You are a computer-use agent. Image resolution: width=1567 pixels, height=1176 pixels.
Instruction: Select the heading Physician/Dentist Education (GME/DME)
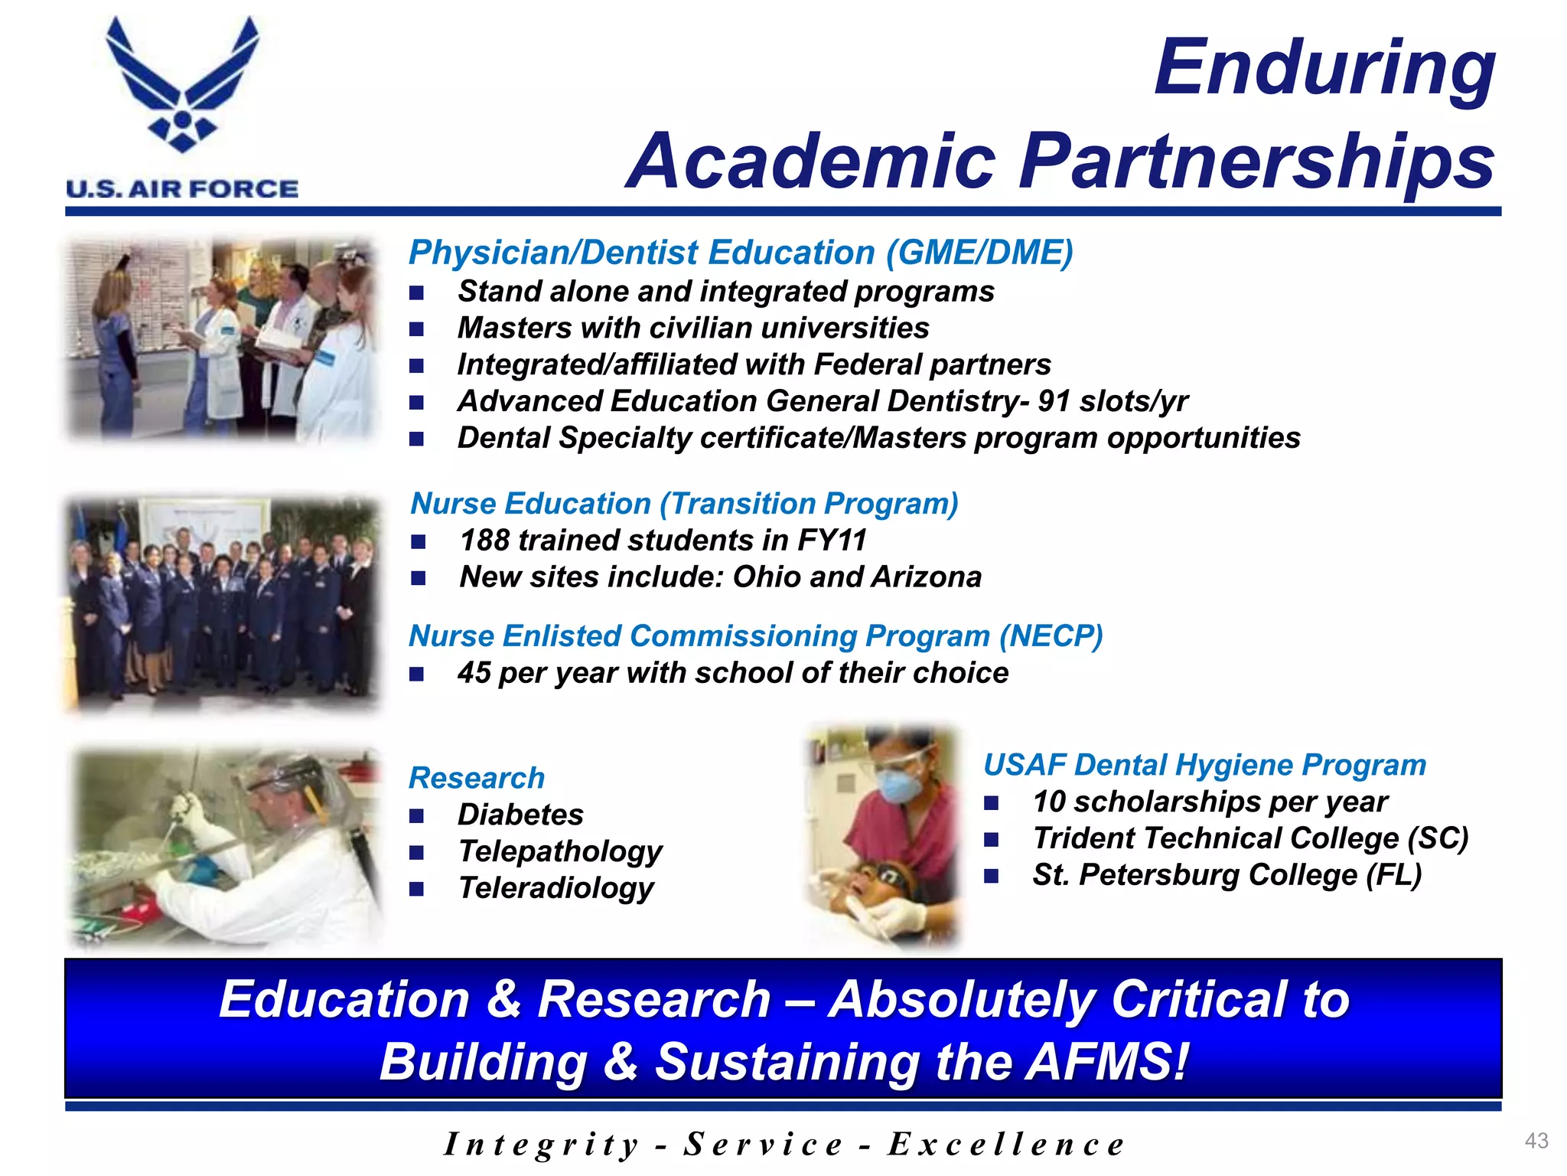741,253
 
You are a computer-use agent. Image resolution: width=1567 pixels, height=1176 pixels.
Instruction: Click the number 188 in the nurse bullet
485,541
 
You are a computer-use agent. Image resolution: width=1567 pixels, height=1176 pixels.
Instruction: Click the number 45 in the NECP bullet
474,673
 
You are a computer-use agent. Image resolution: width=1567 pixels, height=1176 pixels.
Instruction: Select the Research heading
477,778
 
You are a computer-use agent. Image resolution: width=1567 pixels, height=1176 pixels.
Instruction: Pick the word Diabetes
520,815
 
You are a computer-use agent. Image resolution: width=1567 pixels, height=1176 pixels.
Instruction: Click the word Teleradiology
556,888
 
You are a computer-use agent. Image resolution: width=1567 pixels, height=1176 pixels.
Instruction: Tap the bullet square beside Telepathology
416,852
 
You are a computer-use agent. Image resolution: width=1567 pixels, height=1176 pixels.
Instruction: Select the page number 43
1536,1141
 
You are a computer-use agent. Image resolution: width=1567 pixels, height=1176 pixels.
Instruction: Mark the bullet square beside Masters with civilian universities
416,329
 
